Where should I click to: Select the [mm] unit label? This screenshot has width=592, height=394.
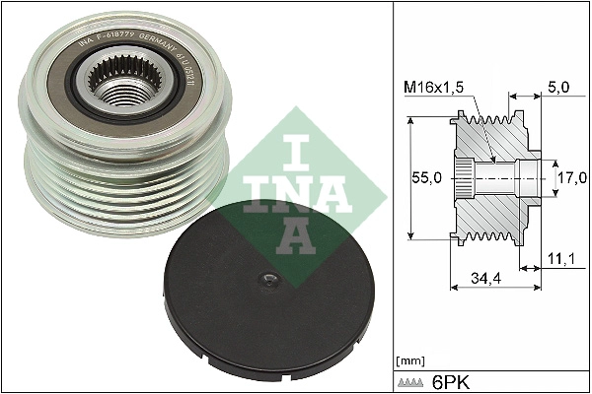[407, 360]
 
